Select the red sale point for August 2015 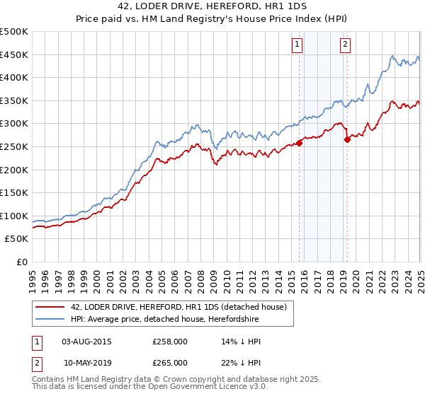[x=299, y=143]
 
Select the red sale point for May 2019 [x=347, y=140]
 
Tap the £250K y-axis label [x=14, y=146]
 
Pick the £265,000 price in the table [x=170, y=363]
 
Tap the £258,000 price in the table [x=170, y=342]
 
